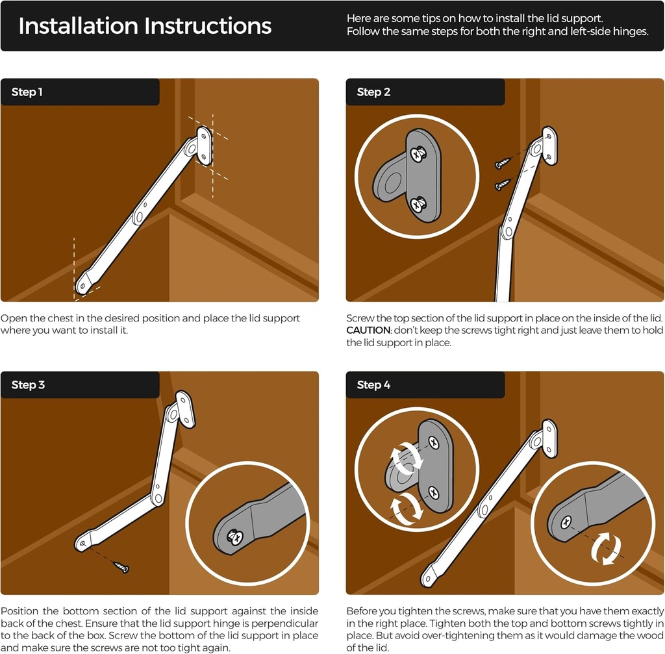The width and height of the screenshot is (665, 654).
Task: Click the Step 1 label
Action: point(27,92)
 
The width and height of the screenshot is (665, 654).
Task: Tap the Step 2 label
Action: point(373,92)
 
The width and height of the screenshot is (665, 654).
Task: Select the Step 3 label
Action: point(28,384)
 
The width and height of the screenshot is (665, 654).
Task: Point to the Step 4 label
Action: point(373,384)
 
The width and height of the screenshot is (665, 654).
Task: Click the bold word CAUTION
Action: point(368,331)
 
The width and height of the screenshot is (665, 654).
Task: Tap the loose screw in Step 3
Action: point(120,566)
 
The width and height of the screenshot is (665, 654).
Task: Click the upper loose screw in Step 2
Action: point(503,163)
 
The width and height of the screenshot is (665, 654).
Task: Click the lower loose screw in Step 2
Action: point(503,184)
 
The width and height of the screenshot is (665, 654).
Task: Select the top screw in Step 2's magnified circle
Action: point(420,153)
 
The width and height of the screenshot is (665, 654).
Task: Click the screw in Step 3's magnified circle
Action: point(234,537)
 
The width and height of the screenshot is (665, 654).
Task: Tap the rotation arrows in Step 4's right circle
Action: point(606,549)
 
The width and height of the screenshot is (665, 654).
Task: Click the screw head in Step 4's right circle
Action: point(566,523)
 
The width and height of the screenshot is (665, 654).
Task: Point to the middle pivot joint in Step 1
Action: point(138,217)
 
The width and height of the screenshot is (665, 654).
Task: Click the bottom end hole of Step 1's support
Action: point(84,286)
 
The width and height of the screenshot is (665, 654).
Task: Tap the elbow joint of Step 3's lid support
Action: point(158,498)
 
